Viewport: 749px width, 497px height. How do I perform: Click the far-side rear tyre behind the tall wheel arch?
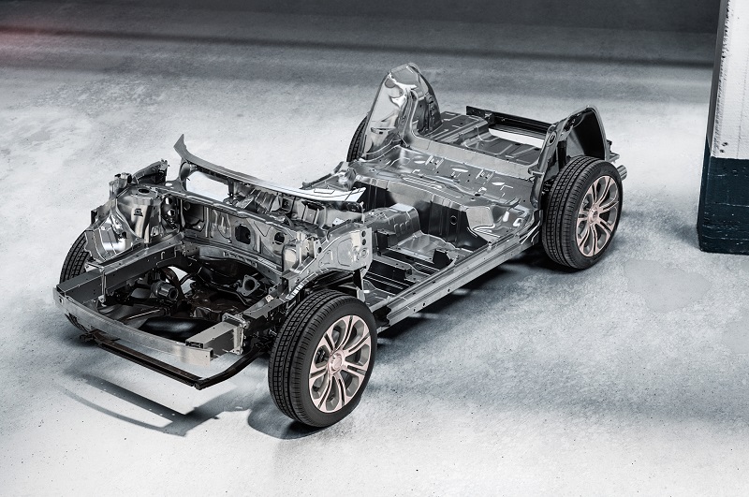tap(359, 140)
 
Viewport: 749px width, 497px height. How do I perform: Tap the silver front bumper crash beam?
tap(140, 332)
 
